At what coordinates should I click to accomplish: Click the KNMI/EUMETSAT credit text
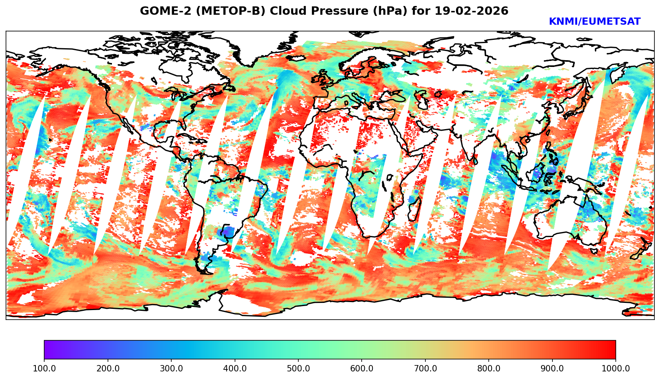click(x=594, y=22)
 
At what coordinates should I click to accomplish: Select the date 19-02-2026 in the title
click(x=471, y=11)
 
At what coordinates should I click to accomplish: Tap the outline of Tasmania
click(x=594, y=251)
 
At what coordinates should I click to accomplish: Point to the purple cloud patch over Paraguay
click(x=226, y=232)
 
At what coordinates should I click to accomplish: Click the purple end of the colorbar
click(x=48, y=350)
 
